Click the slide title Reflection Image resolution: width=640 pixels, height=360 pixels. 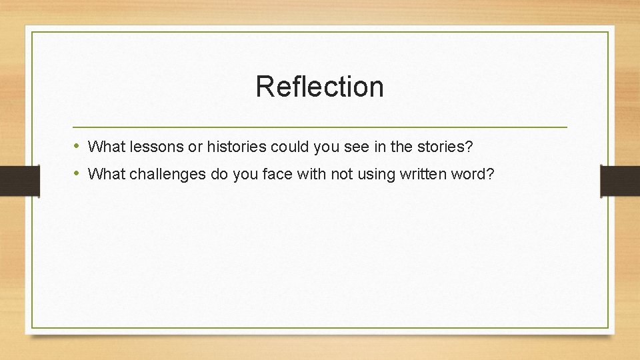pyautogui.click(x=319, y=87)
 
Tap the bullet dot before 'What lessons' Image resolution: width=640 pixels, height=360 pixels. pyautogui.click(x=77, y=145)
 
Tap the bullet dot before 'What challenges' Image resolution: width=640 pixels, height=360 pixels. pyautogui.click(x=77, y=174)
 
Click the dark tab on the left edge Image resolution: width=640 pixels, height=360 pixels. pyautogui.click(x=20, y=181)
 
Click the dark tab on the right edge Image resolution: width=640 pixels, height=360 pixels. pyautogui.click(x=619, y=181)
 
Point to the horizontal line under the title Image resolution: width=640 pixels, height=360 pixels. pyautogui.click(x=319, y=127)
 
